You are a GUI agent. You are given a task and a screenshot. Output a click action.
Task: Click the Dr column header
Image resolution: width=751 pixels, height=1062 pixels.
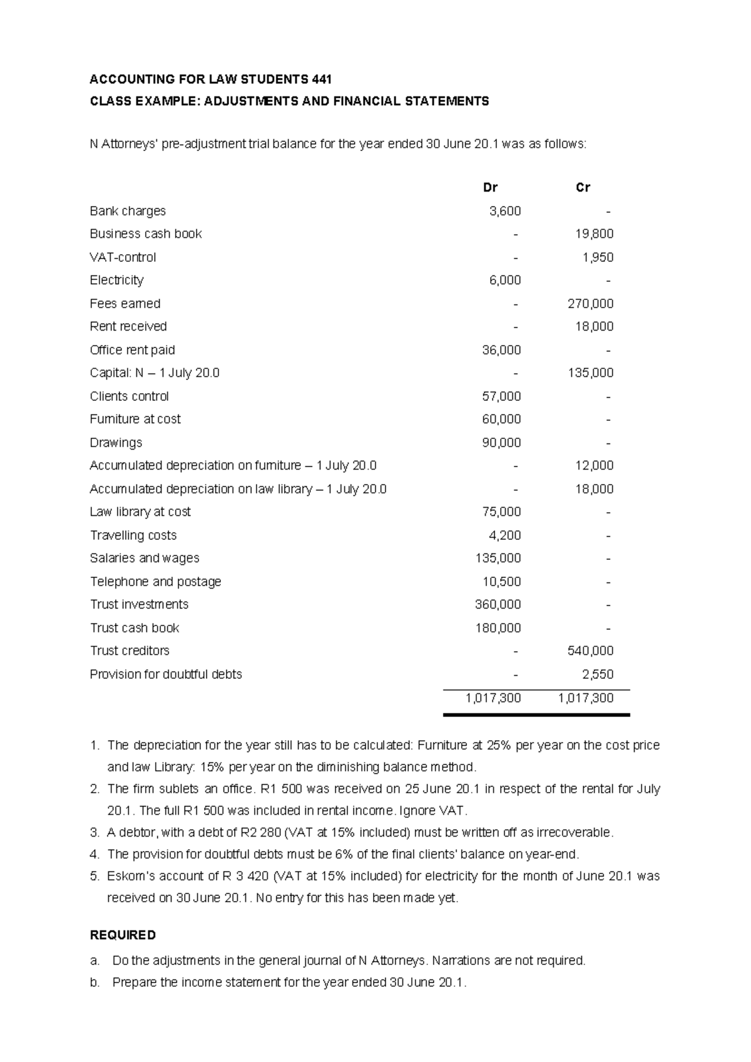pyautogui.click(x=490, y=187)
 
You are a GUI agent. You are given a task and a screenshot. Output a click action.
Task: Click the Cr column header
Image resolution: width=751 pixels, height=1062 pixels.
pyautogui.click(x=583, y=187)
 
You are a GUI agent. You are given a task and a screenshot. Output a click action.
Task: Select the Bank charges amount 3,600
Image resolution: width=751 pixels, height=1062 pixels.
pyautogui.click(x=504, y=211)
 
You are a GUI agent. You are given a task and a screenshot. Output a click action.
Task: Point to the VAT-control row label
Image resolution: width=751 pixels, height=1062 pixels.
pyautogui.click(x=123, y=257)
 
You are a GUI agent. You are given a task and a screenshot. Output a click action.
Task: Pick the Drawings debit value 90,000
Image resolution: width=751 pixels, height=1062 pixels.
pyautogui.click(x=501, y=443)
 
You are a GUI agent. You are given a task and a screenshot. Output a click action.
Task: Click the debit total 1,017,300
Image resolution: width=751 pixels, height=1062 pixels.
pyautogui.click(x=493, y=698)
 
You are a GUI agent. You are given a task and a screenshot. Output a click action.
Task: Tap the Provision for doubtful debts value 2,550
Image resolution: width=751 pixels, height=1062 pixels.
pyautogui.click(x=597, y=674)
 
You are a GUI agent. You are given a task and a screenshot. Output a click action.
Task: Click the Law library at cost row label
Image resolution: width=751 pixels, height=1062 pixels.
pyautogui.click(x=140, y=512)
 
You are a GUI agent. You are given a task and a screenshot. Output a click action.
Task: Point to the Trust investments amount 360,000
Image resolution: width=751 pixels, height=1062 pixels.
pyautogui.click(x=498, y=604)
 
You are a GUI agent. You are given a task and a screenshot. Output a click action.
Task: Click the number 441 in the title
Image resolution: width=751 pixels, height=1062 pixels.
pyautogui.click(x=321, y=80)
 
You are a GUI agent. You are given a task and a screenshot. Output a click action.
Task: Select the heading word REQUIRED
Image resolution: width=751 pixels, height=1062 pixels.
pyautogui.click(x=123, y=935)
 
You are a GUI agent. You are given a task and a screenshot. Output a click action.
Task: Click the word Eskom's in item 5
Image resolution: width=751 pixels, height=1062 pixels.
pyautogui.click(x=129, y=876)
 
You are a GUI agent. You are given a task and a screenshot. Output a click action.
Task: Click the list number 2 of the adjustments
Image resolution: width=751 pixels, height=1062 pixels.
pyautogui.click(x=95, y=789)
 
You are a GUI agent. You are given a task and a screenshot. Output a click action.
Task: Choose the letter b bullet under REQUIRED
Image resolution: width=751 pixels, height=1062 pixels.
pyautogui.click(x=95, y=982)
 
